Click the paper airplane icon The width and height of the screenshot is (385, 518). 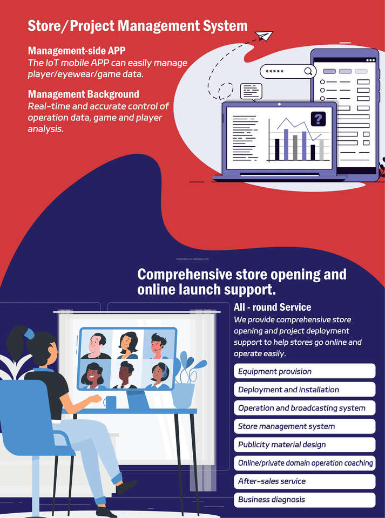[x=264, y=36]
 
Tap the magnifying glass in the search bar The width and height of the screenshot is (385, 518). [x=308, y=71]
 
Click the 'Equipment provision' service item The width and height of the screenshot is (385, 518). [x=305, y=371]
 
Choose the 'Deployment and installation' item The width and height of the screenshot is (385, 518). [x=305, y=390]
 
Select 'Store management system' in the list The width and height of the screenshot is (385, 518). [x=305, y=426]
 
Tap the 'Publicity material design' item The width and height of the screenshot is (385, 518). [x=305, y=445]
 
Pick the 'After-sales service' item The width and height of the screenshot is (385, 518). [x=305, y=481]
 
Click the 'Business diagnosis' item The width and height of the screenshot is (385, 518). [x=305, y=500]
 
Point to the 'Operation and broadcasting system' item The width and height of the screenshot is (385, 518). [x=305, y=408]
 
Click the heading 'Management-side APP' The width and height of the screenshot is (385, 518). [x=77, y=51]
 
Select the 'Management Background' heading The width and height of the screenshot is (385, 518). [x=84, y=94]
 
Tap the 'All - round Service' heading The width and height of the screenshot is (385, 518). [x=273, y=307]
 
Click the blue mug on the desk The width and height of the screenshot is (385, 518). [x=111, y=402]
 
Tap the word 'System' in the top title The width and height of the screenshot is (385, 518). [x=221, y=25]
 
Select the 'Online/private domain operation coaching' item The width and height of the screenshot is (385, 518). [x=305, y=463]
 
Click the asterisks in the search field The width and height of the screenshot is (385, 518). [x=275, y=72]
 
